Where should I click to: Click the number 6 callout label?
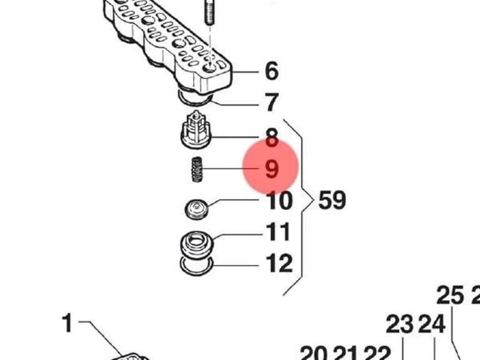pyautogui.click(x=272, y=71)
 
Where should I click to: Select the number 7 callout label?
pyautogui.click(x=271, y=102)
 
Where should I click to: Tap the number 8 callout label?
pyautogui.click(x=272, y=137)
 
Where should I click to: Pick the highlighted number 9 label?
pyautogui.click(x=272, y=169)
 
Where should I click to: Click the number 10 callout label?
pyautogui.click(x=279, y=201)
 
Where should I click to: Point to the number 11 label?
pyautogui.click(x=278, y=232)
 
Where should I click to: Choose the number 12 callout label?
pyautogui.click(x=279, y=263)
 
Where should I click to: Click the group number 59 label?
pyautogui.click(x=332, y=200)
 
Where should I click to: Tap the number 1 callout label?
pyautogui.click(x=67, y=322)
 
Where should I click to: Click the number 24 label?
pyautogui.click(x=431, y=324)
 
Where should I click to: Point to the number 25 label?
pyautogui.click(x=450, y=295)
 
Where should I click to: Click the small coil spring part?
pyautogui.click(x=197, y=169)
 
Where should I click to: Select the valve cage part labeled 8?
pyautogui.click(x=196, y=130)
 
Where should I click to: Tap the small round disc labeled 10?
pyautogui.click(x=196, y=209)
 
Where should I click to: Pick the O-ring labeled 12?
pyautogui.click(x=196, y=265)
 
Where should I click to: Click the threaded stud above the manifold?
pyautogui.click(x=209, y=12)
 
